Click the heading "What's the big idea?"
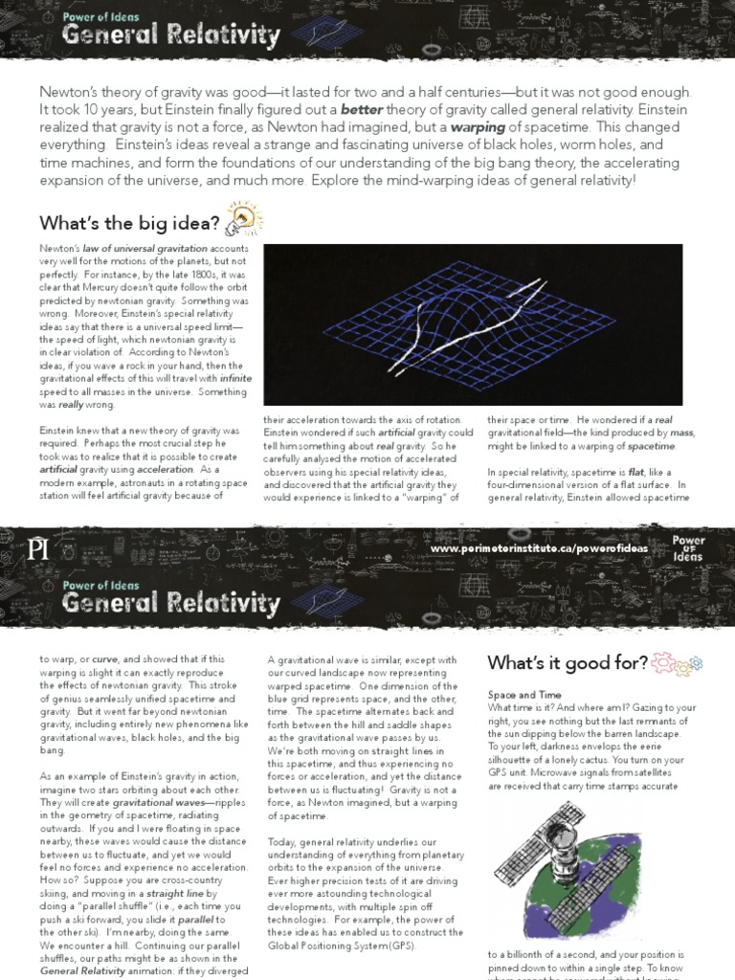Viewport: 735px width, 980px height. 129,223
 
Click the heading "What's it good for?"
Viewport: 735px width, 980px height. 567,663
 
